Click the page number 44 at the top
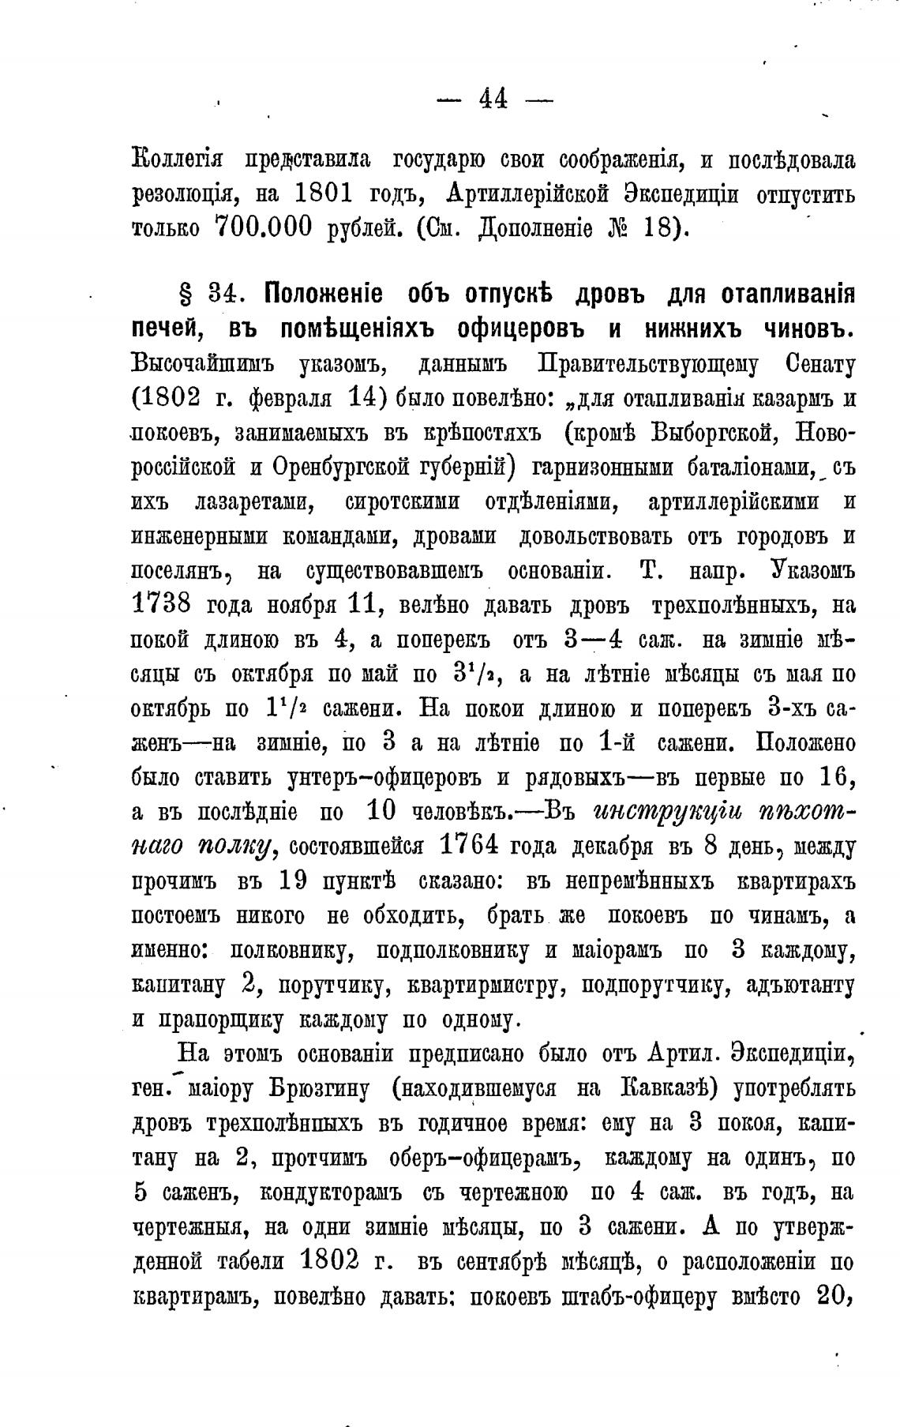click(x=494, y=99)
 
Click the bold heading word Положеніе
click(x=324, y=295)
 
